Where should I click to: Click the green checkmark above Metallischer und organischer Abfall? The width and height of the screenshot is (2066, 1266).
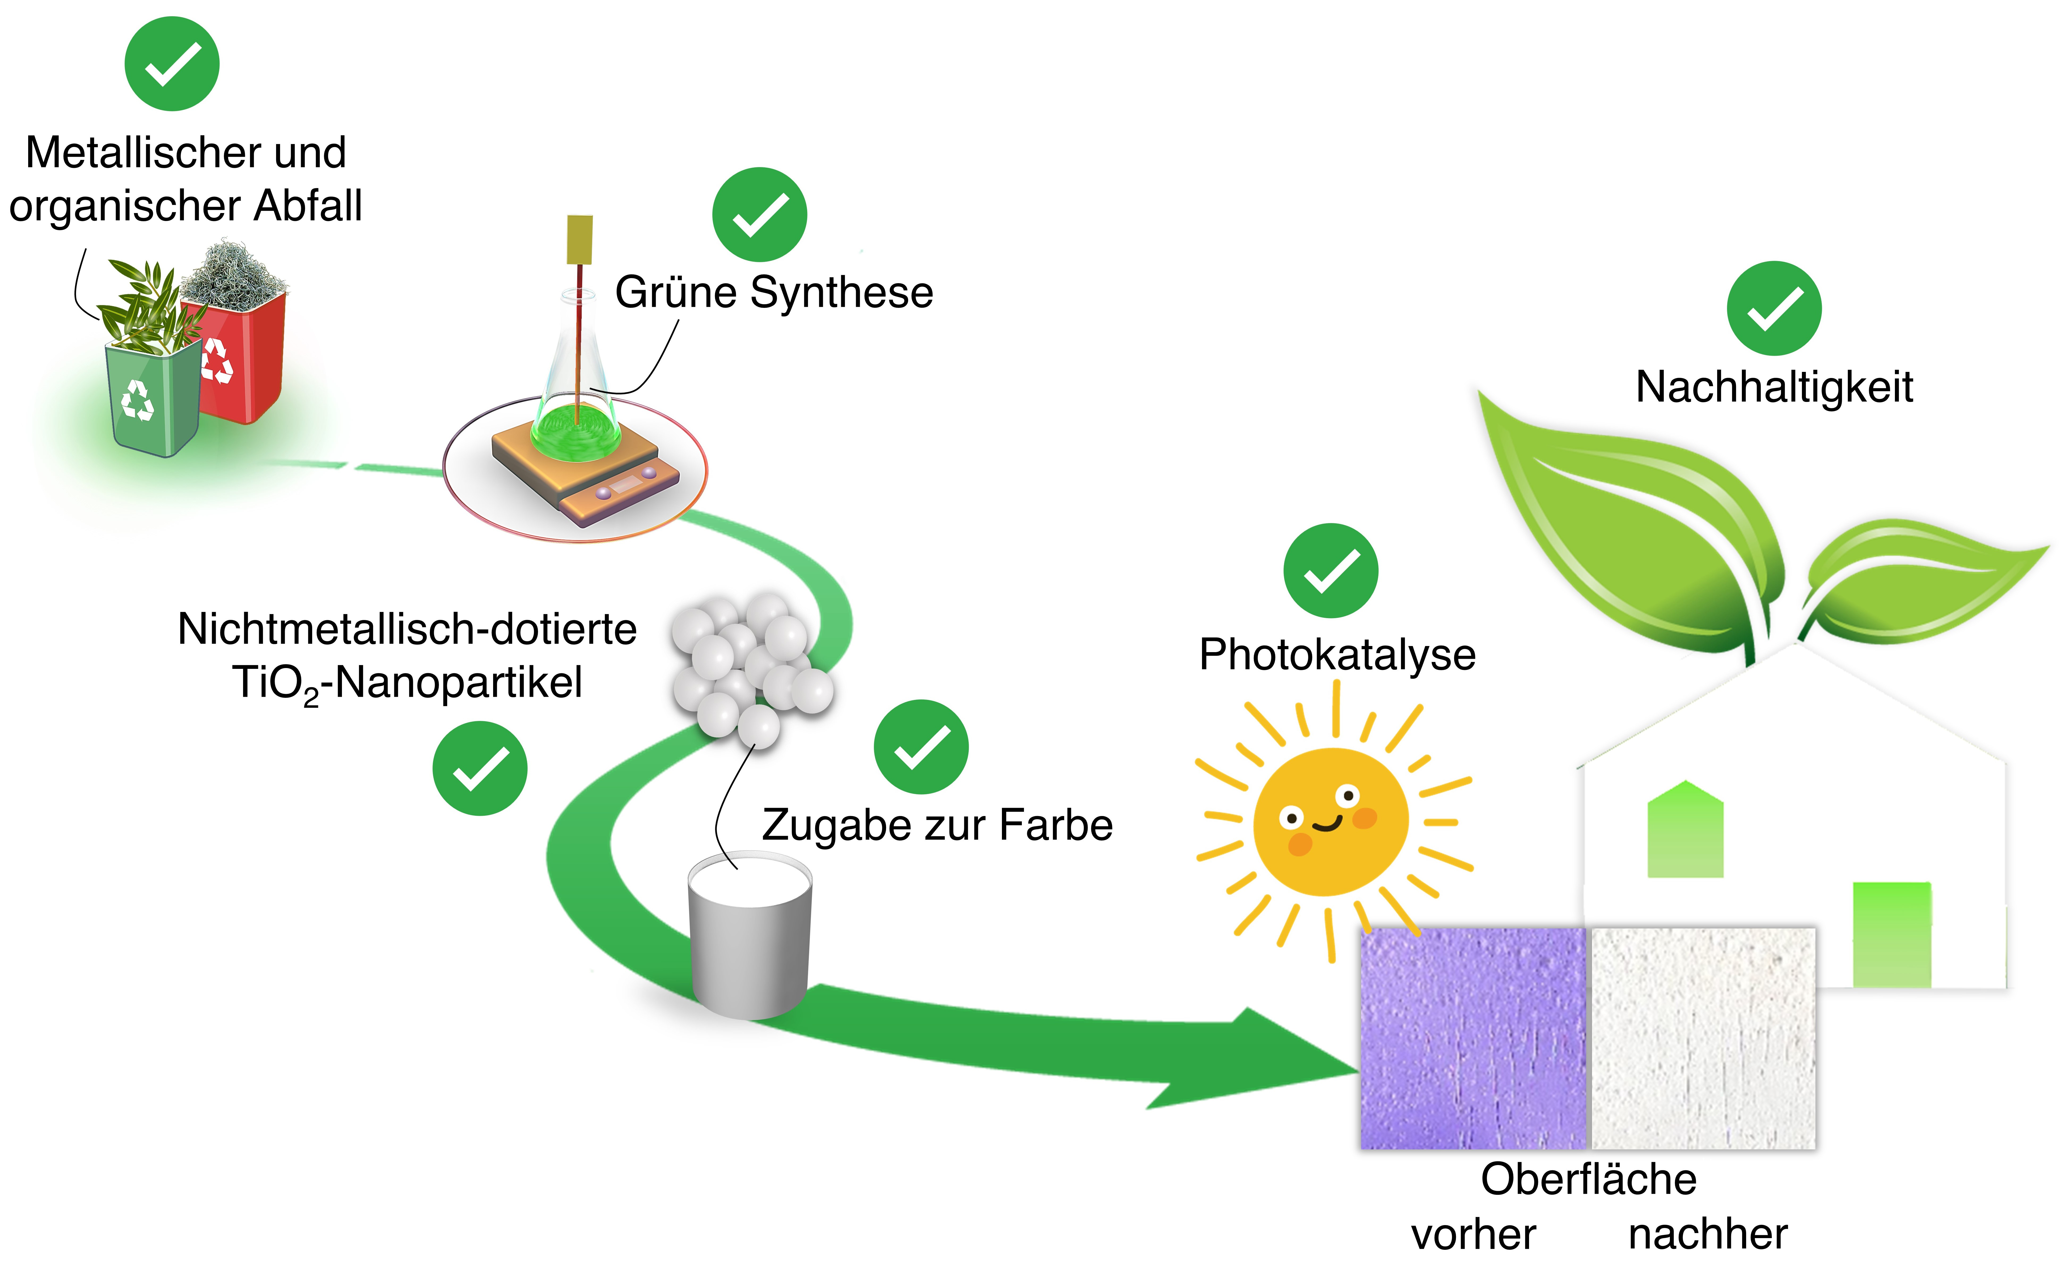tap(172, 64)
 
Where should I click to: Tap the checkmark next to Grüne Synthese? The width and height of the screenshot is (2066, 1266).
tap(760, 215)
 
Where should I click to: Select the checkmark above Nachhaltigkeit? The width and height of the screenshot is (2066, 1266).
tap(1774, 309)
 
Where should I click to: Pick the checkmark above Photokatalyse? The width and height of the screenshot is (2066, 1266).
tap(1331, 571)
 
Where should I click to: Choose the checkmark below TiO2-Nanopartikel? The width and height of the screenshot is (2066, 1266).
tap(480, 768)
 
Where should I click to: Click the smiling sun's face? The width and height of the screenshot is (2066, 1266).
tap(1331, 822)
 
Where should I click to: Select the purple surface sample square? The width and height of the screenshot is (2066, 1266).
tap(1473, 1038)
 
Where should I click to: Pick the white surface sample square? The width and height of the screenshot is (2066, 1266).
tap(1703, 1038)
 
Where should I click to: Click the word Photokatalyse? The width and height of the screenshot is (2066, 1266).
tap(1337, 655)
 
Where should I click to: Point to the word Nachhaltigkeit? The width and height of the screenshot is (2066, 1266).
tap(1774, 387)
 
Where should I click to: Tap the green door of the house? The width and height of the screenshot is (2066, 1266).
tap(1893, 935)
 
